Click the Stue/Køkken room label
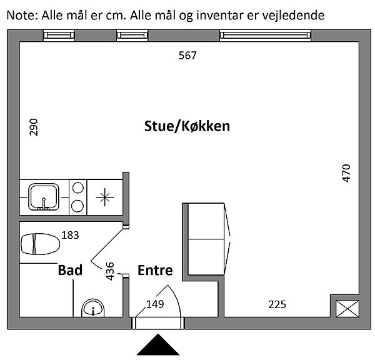(187, 126)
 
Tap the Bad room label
(70, 270)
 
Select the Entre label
(155, 270)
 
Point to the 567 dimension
(187, 56)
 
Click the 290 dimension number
(34, 127)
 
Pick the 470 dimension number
(346, 173)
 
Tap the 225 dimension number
(277, 304)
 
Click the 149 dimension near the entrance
(155, 304)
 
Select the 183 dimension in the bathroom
(70, 235)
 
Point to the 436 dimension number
(110, 271)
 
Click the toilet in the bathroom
(40, 244)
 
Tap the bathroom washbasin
(93, 308)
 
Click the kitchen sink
(44, 197)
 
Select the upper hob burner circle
(78, 187)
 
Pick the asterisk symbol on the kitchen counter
(105, 197)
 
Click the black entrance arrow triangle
(158, 345)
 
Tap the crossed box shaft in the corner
(347, 309)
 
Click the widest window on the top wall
(266, 36)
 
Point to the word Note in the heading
(21, 16)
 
